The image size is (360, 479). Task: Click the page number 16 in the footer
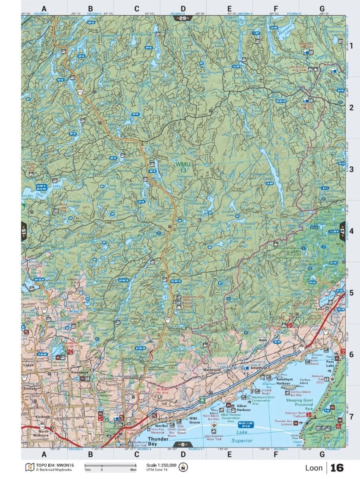(x=337, y=467)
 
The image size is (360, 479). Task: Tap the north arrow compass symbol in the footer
(x=183, y=467)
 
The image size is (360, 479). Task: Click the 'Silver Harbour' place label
(x=244, y=407)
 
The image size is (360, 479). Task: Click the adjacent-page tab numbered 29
(x=183, y=18)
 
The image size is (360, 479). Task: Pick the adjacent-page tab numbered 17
(x=342, y=231)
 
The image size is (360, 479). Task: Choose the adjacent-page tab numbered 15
(x=24, y=231)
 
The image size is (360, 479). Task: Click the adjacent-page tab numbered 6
(x=183, y=445)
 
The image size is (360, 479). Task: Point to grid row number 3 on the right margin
(x=352, y=170)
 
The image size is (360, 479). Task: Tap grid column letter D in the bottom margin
(x=183, y=454)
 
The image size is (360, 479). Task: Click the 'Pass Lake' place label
(x=330, y=362)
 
